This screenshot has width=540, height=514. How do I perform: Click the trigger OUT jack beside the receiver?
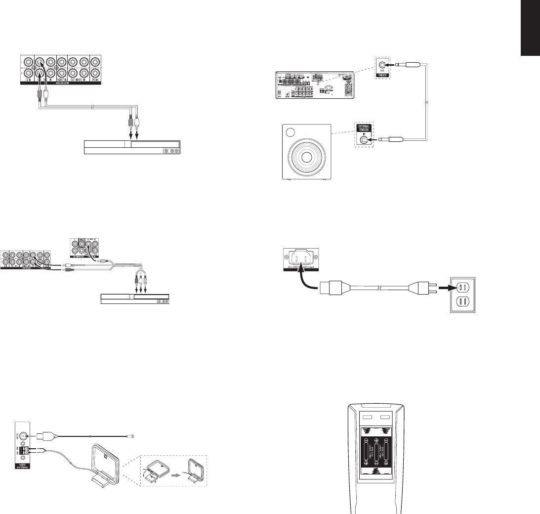pyautogui.click(x=380, y=64)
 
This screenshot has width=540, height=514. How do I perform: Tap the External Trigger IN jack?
pyautogui.click(x=365, y=140)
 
